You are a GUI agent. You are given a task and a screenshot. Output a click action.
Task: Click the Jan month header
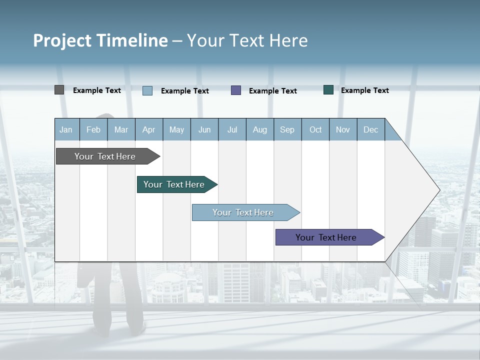(66, 129)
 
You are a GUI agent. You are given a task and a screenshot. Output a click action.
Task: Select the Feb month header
(93, 129)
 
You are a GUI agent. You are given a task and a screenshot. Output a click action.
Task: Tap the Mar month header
(121, 129)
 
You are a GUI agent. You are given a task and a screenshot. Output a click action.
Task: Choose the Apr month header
(149, 129)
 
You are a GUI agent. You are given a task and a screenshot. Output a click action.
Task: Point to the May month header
(176, 129)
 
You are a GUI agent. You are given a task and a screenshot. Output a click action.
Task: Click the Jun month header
(204, 129)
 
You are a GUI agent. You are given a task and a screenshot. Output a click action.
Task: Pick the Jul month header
(232, 129)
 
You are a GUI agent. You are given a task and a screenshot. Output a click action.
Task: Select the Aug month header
(260, 129)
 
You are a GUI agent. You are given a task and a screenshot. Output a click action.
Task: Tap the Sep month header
(287, 129)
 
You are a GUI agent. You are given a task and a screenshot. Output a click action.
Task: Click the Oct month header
(315, 129)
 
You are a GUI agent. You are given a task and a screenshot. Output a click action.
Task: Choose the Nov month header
(343, 129)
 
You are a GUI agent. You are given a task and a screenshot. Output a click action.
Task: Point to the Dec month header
(370, 129)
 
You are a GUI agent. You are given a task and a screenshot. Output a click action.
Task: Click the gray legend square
(59, 90)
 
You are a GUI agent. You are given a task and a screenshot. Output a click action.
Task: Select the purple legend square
(236, 90)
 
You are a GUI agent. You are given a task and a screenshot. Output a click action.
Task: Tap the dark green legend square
(328, 90)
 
